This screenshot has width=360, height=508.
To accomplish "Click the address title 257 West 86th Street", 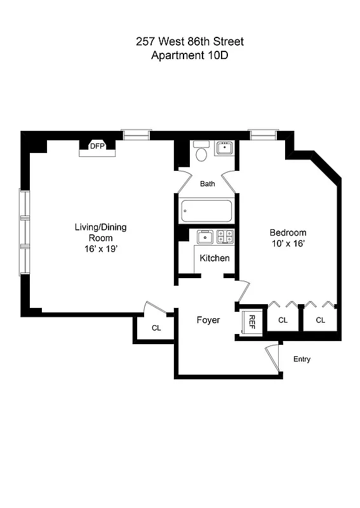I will [189, 42].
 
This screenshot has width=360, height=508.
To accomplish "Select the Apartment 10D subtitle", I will [189, 55].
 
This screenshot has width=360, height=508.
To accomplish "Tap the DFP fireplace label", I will [97, 146].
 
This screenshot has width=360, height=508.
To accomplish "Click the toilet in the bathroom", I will [201, 152].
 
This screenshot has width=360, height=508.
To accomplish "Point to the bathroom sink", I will [224, 149].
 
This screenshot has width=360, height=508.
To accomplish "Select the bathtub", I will [207, 211].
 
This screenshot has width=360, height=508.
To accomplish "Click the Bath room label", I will [208, 184].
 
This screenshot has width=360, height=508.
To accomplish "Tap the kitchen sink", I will [205, 237].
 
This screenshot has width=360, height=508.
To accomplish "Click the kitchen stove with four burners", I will [224, 237].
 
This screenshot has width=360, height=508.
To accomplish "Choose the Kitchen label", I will [215, 258].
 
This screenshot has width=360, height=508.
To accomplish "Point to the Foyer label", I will [208, 320].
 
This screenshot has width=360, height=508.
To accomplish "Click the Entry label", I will [302, 359].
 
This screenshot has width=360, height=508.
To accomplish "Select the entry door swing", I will [273, 356].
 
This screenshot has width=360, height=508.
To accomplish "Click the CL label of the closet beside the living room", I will [156, 328].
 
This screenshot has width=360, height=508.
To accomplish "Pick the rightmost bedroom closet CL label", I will [320, 320].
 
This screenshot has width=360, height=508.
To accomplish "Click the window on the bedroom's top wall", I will [263, 135].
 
